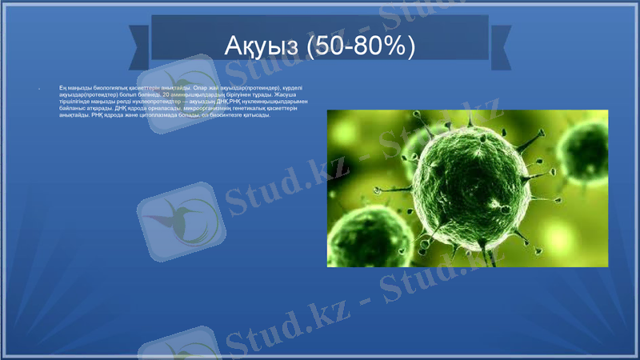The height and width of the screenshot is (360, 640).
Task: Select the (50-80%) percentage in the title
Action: pyautogui.click(x=359, y=46)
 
